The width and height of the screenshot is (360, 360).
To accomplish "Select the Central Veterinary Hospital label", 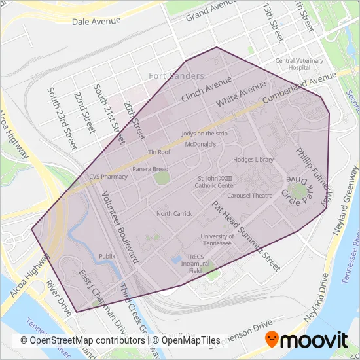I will [300, 64].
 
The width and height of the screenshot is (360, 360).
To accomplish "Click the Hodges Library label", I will [252, 159].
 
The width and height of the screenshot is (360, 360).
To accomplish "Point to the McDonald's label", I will [201, 143].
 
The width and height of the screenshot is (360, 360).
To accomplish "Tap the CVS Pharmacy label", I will [109, 177].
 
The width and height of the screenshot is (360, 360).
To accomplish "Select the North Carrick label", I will [174, 213].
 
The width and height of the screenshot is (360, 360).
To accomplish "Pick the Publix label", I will [107, 255].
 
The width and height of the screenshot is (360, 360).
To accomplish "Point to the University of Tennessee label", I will [218, 240].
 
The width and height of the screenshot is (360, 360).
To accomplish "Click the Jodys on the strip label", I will [203, 134].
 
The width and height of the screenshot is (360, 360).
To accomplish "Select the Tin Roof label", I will [160, 152].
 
